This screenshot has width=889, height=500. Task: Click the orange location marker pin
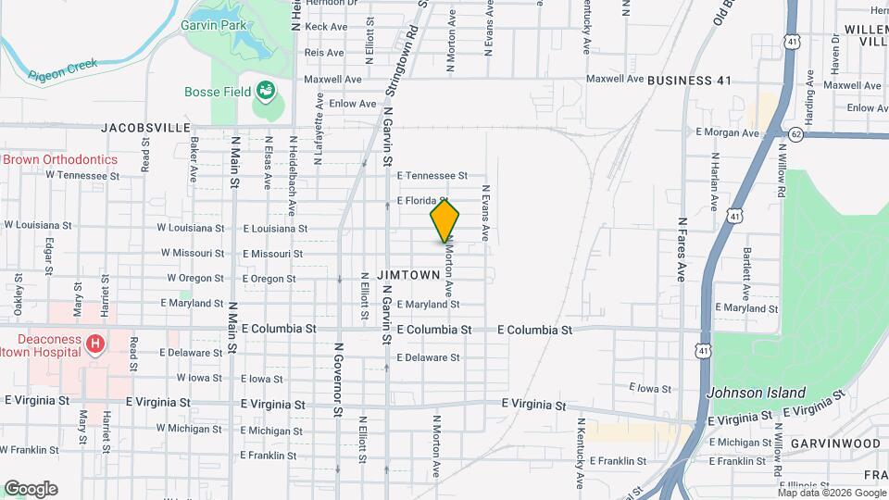click(x=444, y=220)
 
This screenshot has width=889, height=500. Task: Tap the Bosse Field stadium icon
click(x=266, y=90)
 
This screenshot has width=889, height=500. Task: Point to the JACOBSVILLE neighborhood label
click(x=145, y=127)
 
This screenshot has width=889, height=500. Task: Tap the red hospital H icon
click(x=94, y=345)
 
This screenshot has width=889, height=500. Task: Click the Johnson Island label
click(x=756, y=393)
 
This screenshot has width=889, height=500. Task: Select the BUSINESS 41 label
click(x=689, y=81)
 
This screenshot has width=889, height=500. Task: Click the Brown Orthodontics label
click(x=61, y=159)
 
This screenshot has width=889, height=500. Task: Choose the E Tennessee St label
click(x=432, y=175)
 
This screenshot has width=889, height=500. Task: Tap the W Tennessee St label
click(x=83, y=175)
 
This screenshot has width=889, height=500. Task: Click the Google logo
click(x=31, y=489)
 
